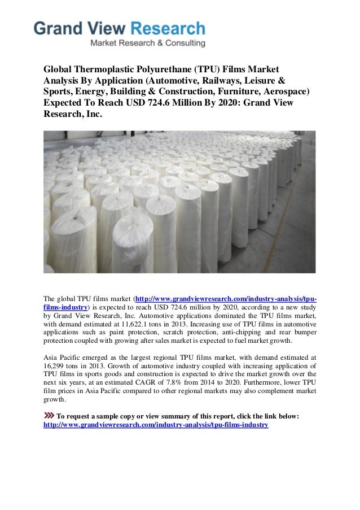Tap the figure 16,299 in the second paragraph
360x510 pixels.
pyautogui.click(x=56, y=366)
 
